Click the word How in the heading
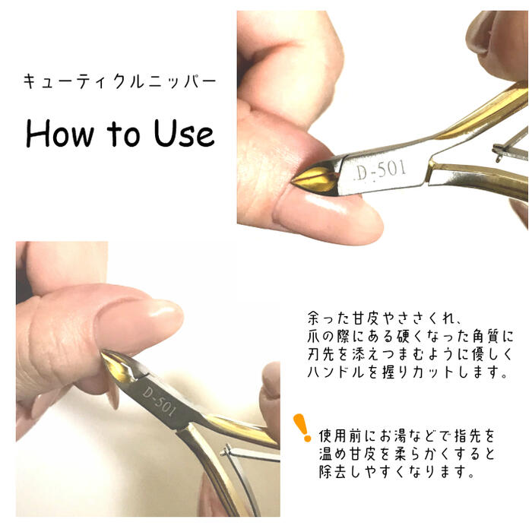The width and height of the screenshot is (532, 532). tap(60, 133)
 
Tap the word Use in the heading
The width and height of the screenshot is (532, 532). tap(184, 133)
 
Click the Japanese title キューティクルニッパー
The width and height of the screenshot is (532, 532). tap(120, 82)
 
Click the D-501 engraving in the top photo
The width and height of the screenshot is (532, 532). tap(380, 170)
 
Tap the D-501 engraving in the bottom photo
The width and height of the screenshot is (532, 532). tap(159, 402)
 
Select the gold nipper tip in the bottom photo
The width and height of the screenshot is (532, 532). tap(118, 366)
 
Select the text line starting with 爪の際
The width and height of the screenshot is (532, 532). tap(410, 336)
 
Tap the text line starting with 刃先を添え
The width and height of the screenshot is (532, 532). tap(410, 354)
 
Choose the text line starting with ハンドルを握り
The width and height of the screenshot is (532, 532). tap(408, 372)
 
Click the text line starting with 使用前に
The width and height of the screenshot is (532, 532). tap(407, 436)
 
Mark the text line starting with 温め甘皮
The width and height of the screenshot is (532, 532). tap(407, 454)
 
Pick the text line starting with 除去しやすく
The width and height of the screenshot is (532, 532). tap(396, 472)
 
